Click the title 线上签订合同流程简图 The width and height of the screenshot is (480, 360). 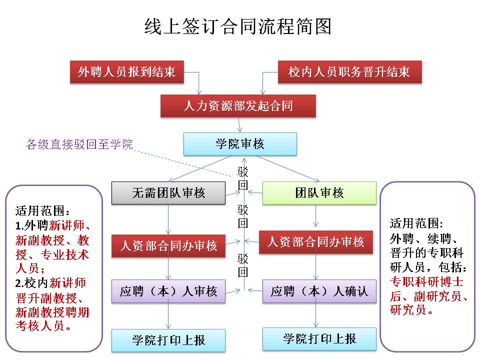pos(237,26)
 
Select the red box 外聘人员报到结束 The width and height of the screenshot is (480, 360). pos(126,72)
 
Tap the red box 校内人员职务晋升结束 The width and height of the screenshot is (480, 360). pos(349,72)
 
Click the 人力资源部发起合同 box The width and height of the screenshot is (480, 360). pos(238,106)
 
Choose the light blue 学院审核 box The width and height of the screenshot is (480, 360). pos(240,144)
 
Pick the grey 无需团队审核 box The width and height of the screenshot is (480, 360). pos(168,193)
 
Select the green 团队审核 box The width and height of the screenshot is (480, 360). pos(319,193)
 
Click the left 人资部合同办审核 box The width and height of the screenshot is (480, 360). pos(168,245)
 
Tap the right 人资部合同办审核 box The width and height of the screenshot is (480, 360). pos(315,242)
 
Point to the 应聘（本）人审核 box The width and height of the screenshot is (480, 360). pos(168,291)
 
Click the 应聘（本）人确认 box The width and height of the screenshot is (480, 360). pos(319,291)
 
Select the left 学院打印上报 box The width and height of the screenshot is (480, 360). pos(168,340)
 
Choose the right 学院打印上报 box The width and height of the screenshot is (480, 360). pos(319,338)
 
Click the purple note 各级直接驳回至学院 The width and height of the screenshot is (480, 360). pos(79,145)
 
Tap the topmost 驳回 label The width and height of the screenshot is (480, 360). pos(243,178)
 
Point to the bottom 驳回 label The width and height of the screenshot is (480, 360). pos(243,265)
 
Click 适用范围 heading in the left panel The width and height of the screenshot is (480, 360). pos(39,209)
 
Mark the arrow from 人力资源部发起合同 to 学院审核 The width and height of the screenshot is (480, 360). pos(240,124)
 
